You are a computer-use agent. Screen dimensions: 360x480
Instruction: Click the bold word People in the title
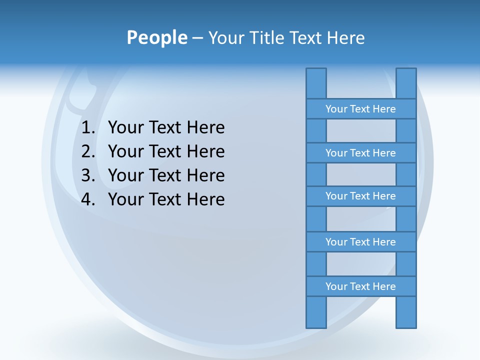pos(156,38)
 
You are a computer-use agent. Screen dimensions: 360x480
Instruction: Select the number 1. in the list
pos(88,128)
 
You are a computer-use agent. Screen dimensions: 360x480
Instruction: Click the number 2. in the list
pos(88,151)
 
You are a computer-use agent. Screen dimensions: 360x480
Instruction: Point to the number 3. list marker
pos(88,175)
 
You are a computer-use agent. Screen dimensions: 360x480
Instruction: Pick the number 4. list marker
pos(88,199)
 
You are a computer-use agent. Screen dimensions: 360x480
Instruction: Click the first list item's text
pos(166,128)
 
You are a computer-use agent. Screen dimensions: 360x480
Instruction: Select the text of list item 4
pos(166,199)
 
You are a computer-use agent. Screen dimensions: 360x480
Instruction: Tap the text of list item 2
pos(166,151)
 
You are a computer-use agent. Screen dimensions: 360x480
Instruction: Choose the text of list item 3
pos(166,175)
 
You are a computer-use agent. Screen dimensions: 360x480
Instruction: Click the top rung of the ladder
pos(360,109)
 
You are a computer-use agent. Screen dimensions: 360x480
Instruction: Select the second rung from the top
pos(360,153)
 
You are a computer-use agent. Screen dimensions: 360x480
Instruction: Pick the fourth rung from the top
pos(360,242)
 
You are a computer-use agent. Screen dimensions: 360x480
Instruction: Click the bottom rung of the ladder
pos(360,286)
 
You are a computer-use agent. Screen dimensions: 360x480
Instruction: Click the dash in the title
pos(197,38)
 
